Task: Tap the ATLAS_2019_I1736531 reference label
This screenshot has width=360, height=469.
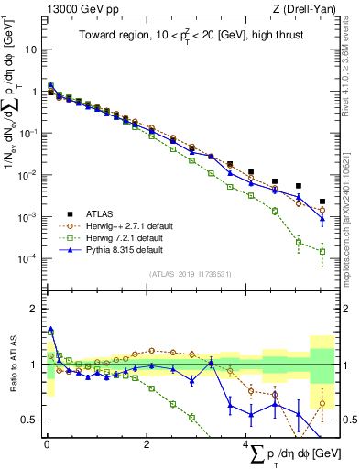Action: [189, 273]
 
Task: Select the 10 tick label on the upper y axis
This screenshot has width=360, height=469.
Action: [29, 49]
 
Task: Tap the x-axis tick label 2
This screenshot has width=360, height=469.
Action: [147, 446]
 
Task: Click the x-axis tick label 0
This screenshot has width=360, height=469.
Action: [47, 446]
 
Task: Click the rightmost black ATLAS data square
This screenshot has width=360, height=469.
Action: [322, 202]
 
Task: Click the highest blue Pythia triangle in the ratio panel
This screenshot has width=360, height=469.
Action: [51, 330]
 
